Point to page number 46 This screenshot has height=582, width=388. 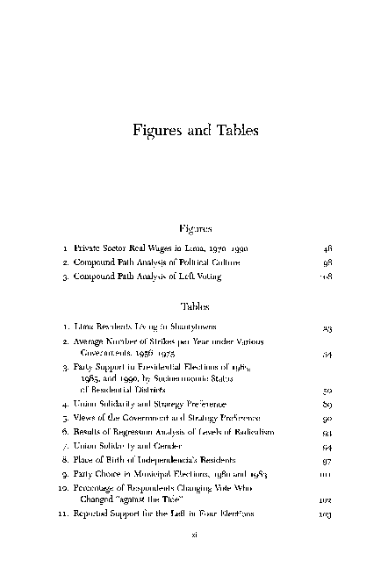click(x=327, y=249)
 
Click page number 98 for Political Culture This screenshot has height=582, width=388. click(x=327, y=262)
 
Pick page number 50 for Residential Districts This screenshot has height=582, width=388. click(x=327, y=387)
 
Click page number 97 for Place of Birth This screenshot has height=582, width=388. click(x=327, y=461)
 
